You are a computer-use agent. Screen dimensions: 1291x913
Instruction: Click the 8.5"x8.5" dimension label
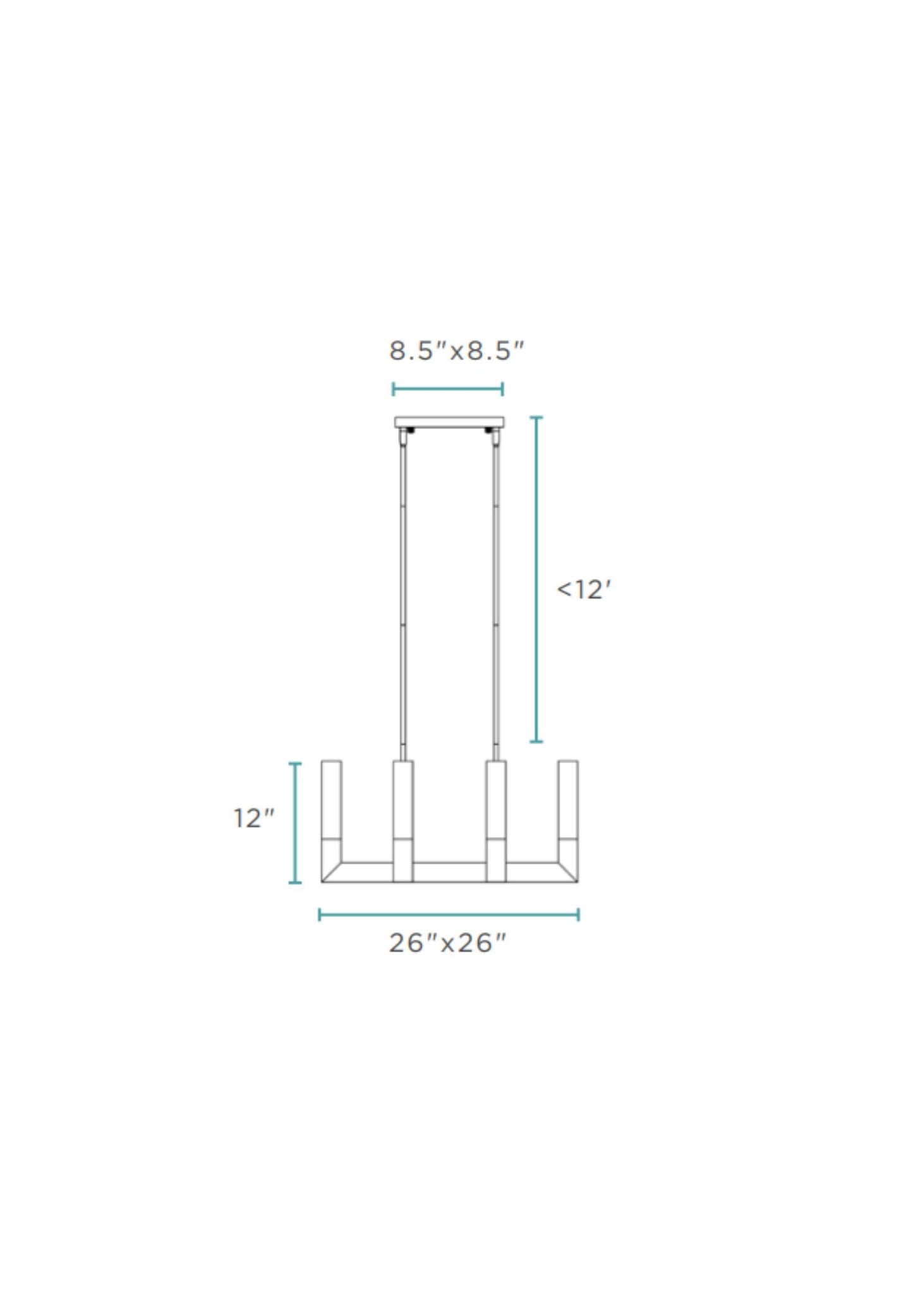coord(456,351)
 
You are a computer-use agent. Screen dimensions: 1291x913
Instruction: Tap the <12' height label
coord(583,589)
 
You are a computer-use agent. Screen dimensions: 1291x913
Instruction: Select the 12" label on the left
coord(254,819)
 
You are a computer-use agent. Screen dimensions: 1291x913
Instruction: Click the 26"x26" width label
coord(447,943)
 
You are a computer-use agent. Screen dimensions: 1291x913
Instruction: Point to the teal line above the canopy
coord(447,388)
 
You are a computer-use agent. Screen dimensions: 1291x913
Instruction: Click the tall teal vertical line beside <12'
coord(536,579)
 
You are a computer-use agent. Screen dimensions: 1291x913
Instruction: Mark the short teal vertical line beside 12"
coord(294,822)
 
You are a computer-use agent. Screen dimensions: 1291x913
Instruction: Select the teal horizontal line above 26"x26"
coord(449,914)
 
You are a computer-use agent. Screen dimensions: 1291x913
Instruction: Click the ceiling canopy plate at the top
coord(449,421)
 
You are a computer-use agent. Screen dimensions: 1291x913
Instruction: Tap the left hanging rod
coord(403,594)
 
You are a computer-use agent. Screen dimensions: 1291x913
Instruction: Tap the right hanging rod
coord(496,594)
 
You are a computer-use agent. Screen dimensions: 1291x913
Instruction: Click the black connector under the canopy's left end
coord(409,430)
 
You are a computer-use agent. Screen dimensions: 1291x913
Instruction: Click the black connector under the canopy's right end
coord(489,430)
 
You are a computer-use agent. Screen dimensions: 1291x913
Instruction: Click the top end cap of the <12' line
coord(536,417)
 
